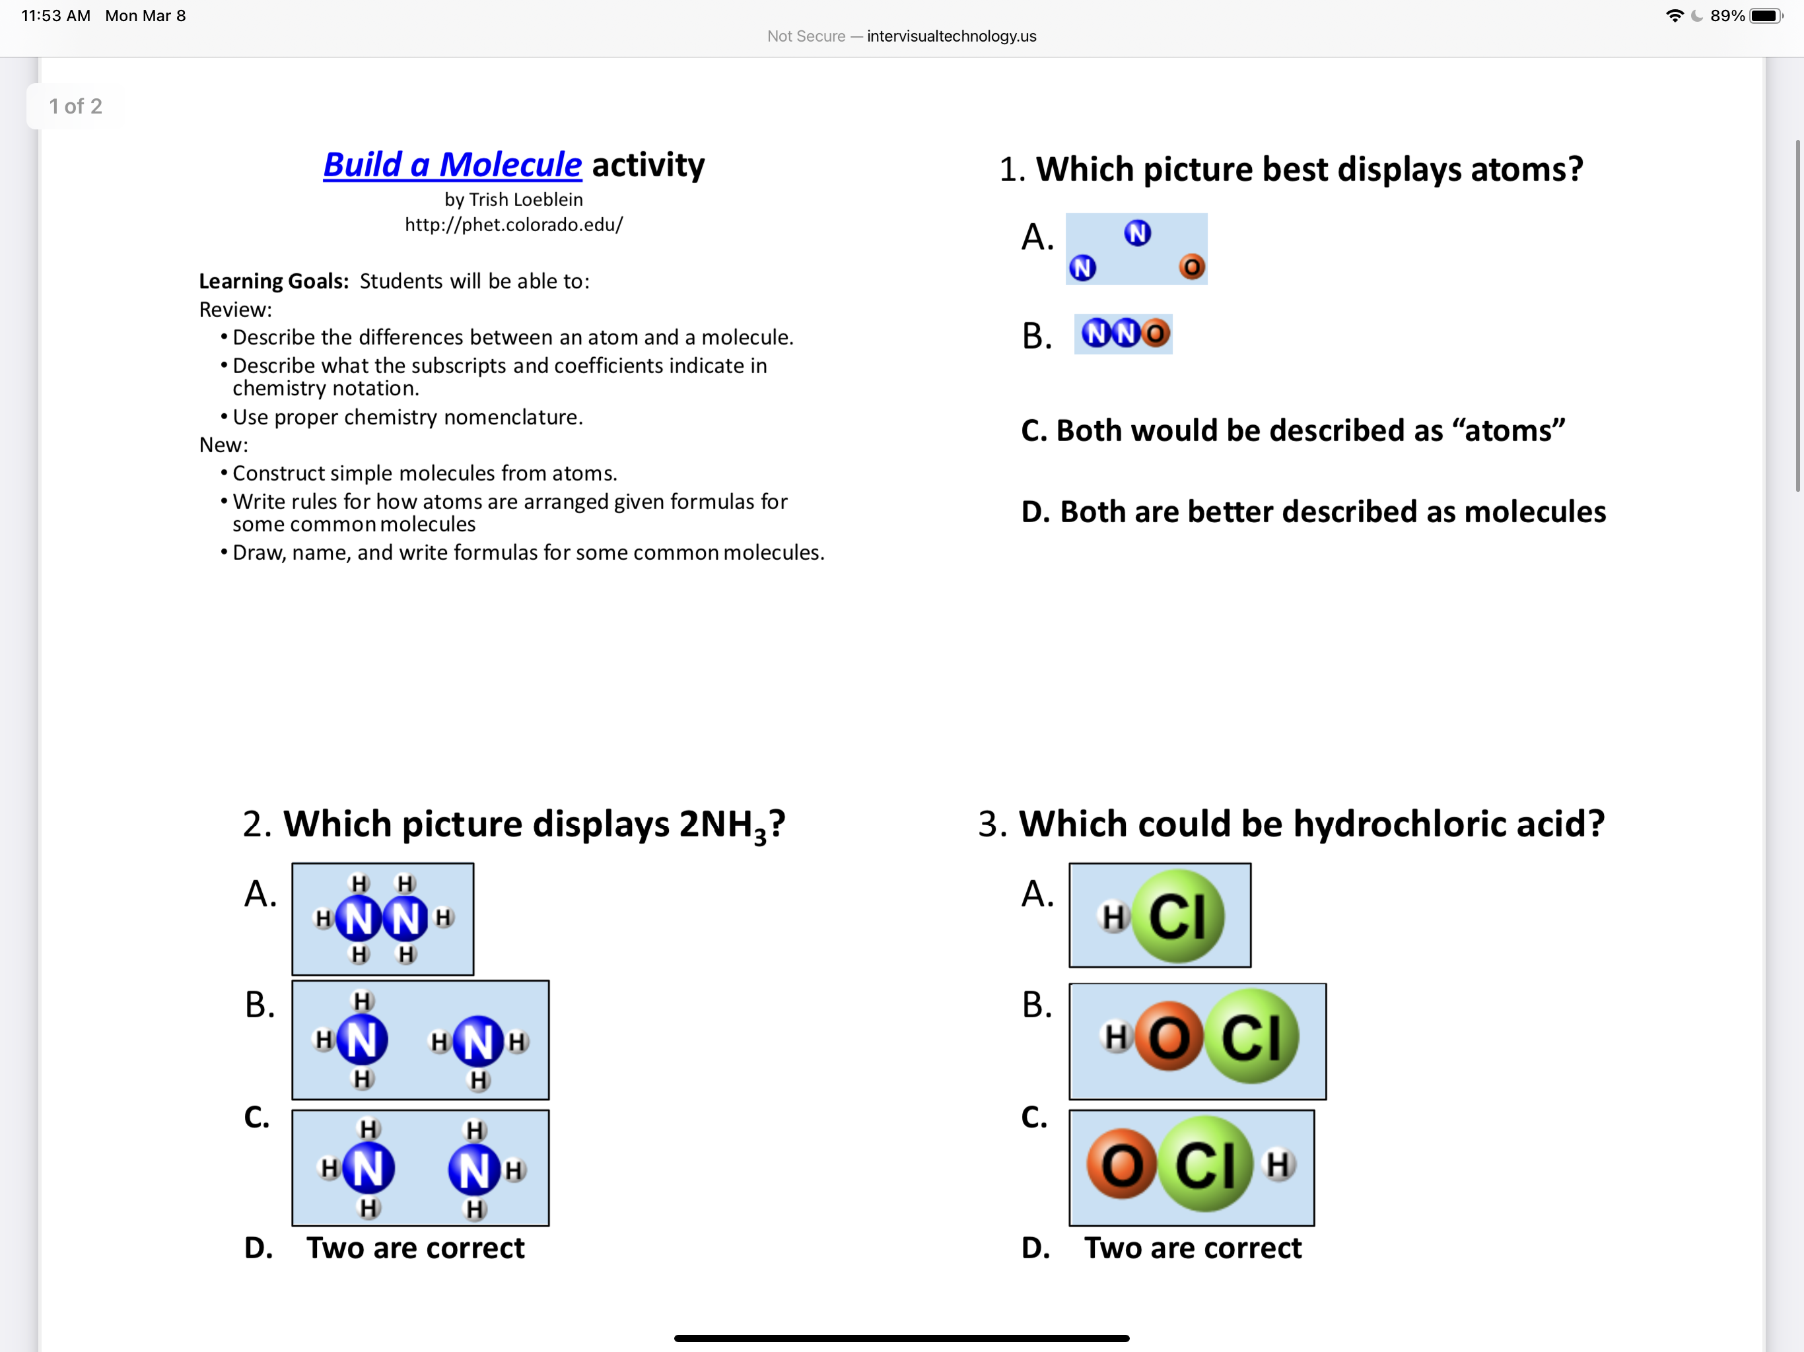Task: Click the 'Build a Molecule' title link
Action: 452,165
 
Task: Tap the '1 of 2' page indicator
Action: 75,107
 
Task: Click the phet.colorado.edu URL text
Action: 514,225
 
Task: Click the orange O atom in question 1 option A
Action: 1191,267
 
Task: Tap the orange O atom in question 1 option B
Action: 1155,333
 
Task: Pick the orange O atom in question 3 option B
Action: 1168,1037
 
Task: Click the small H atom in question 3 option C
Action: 1278,1165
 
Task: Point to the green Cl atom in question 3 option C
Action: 1205,1165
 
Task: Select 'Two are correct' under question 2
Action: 415,1248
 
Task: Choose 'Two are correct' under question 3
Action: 1193,1248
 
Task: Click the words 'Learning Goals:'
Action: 273,281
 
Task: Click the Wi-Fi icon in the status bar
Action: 1675,15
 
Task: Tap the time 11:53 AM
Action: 55,15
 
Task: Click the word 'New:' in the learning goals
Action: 223,445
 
